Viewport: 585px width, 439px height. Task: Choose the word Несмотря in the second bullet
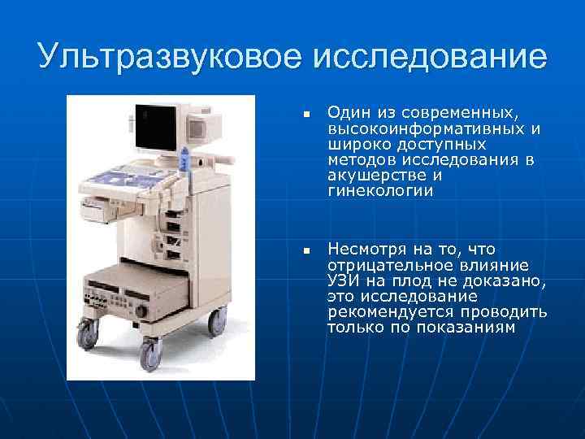[x=365, y=249]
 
